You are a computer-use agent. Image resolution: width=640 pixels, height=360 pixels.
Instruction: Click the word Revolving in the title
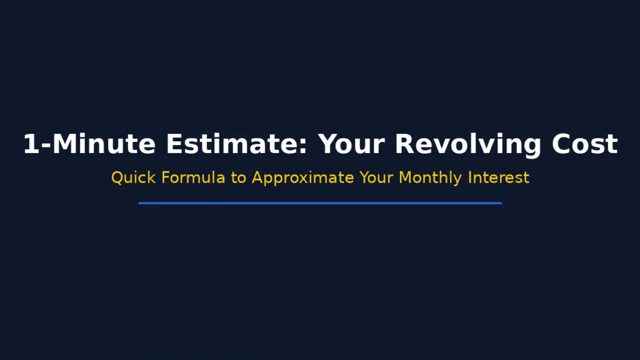pos(468,144)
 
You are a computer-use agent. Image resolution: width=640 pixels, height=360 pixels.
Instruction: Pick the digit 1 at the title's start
pos(31,144)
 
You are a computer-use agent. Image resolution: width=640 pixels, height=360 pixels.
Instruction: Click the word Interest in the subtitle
pos(500,177)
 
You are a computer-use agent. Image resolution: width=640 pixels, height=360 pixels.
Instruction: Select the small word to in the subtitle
pos(239,178)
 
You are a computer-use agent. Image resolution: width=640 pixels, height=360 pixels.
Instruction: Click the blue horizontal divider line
pos(320,202)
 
